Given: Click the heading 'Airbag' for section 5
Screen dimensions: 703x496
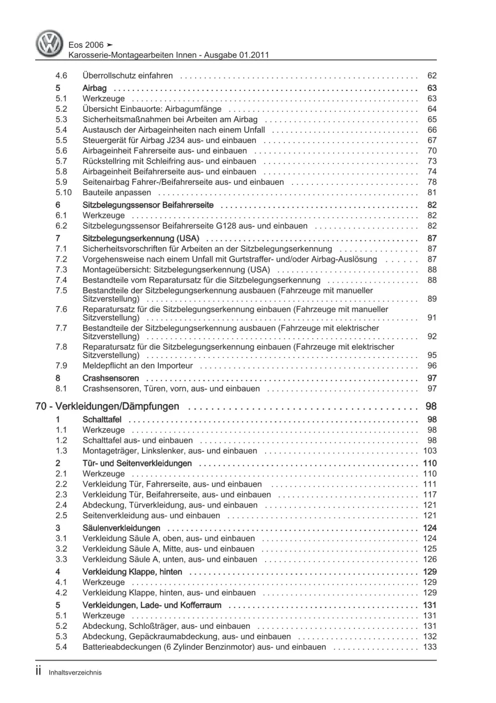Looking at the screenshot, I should [x=94, y=88].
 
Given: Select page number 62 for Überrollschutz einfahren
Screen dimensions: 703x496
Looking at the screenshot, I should [x=431, y=76].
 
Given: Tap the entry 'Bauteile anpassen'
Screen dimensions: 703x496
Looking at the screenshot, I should [x=117, y=192].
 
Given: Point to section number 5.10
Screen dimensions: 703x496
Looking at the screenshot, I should [x=64, y=192].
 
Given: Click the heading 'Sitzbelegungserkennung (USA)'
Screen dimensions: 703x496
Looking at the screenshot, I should [x=141, y=238].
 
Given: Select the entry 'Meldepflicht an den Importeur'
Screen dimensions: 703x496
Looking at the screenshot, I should [x=138, y=365].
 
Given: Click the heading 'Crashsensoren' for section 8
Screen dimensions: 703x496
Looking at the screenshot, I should [x=111, y=378].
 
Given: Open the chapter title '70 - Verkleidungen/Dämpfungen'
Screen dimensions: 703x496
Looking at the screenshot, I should [x=107, y=406].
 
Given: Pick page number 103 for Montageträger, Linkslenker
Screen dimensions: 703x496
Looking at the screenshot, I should [x=429, y=451].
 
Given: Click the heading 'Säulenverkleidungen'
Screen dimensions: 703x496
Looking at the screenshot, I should [x=121, y=528].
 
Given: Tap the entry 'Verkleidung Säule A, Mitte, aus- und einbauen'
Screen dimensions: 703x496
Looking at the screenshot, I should [x=168, y=549].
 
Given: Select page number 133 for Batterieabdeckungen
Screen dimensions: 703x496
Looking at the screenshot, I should [x=429, y=647].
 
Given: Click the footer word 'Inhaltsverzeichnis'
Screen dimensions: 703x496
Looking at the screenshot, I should [x=75, y=673].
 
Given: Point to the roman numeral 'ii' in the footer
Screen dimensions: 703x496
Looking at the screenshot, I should [x=39, y=671].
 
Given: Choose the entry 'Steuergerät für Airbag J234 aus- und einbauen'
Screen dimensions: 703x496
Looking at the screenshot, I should [x=169, y=140].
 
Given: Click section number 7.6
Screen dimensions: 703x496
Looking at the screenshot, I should [x=61, y=309].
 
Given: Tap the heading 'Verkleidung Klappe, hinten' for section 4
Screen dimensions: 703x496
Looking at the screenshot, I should [x=132, y=572].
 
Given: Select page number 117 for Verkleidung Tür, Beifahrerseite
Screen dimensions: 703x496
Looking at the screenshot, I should [x=429, y=495].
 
